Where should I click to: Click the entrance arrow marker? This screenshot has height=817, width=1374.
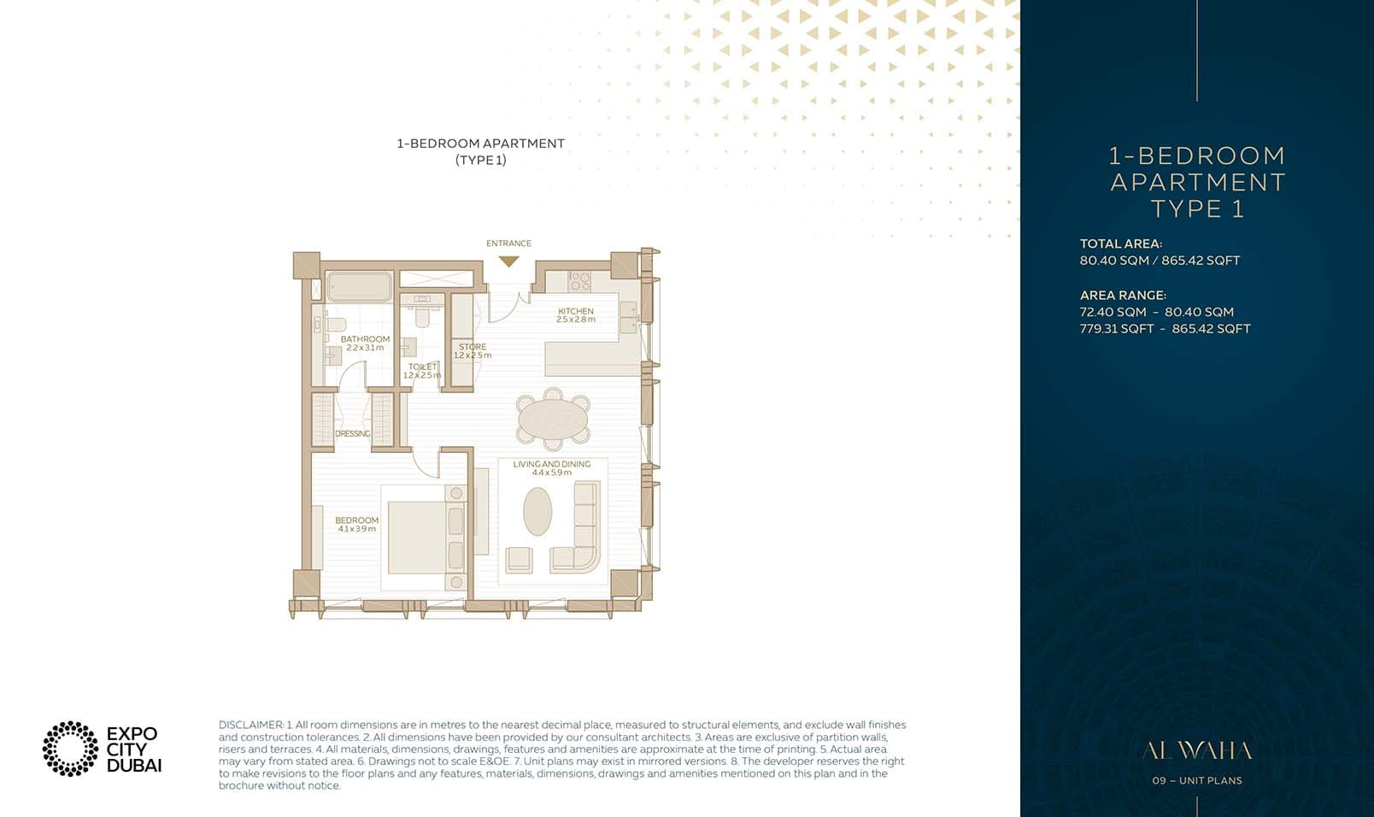point(508,262)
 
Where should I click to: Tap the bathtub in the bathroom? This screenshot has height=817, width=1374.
point(359,287)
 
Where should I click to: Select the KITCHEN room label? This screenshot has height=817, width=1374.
point(575,311)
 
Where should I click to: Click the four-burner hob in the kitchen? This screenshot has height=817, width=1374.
point(579,281)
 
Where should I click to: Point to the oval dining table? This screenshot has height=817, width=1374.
point(553,420)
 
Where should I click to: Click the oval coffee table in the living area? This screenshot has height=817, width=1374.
point(537,511)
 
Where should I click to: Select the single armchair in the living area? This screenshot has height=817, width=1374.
point(519,559)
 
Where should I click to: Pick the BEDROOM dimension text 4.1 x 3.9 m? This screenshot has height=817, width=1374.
point(356,529)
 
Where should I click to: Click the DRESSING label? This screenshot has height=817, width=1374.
point(352,433)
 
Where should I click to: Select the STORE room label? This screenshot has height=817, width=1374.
point(472,347)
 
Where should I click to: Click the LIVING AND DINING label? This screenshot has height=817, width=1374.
point(551,464)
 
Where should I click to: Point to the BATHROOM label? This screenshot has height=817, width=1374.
point(365,339)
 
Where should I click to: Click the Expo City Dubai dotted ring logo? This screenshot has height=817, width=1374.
point(70,749)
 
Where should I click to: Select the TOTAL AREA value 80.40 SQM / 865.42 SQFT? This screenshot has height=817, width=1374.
point(1159,261)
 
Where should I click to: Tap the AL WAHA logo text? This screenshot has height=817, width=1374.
point(1196,751)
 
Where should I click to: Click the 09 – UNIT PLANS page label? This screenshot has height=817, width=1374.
point(1196,780)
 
